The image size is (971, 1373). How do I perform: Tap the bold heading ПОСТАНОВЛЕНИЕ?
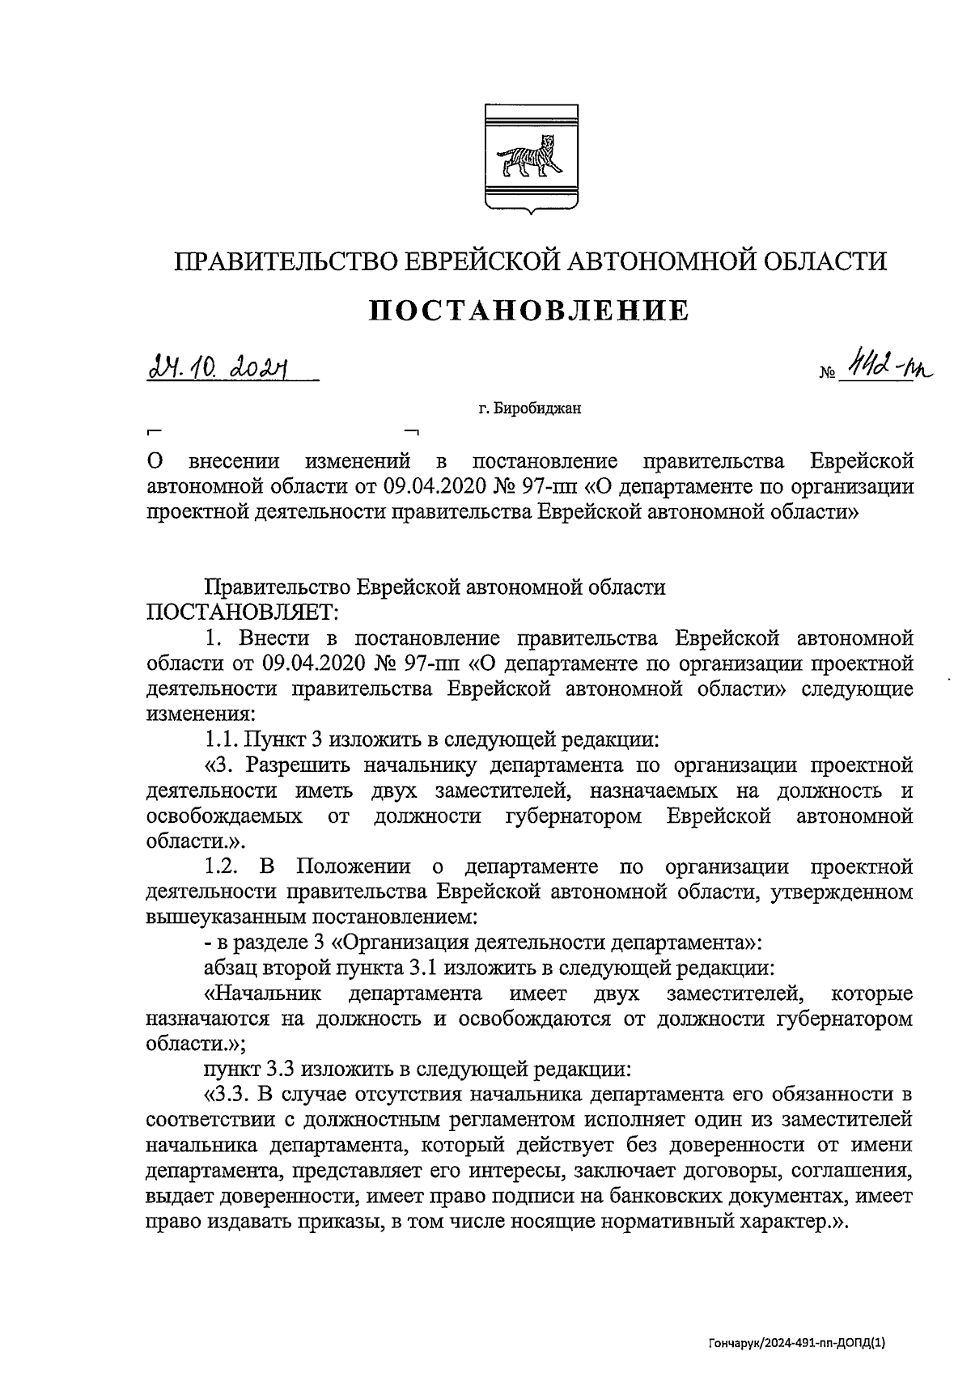tap(529, 310)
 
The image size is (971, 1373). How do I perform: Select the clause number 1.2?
tap(221, 867)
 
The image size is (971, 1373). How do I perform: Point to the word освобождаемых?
tap(225, 816)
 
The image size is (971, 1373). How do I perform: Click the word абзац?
tap(229, 968)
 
